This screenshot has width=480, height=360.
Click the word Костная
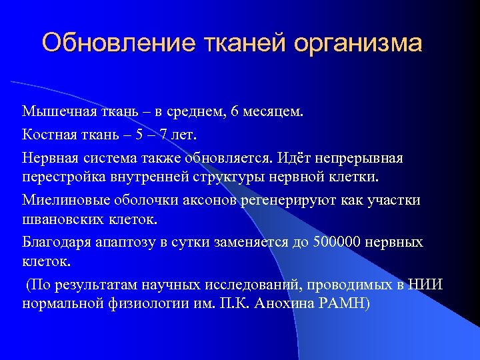48,135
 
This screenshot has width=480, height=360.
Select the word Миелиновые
59,201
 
